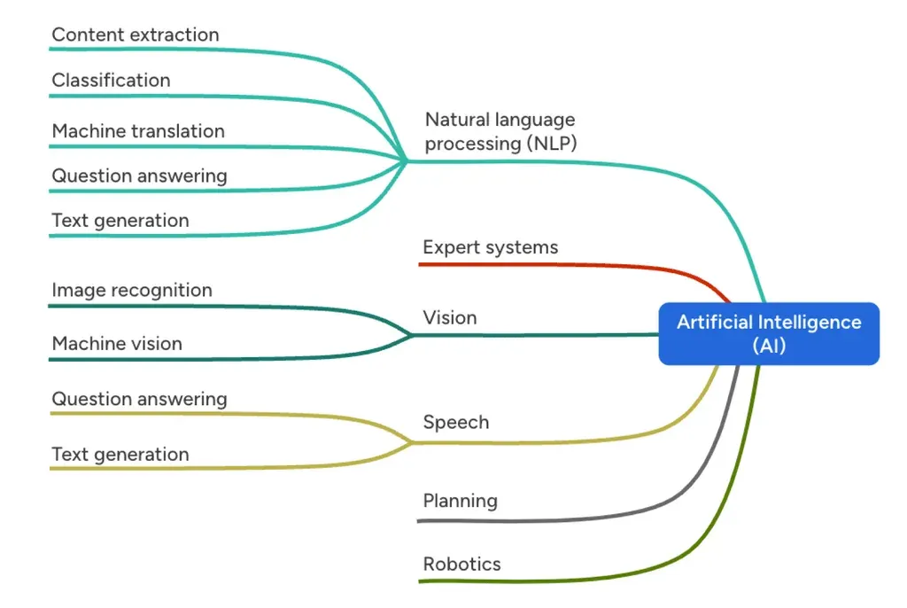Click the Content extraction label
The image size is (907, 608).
tap(135, 35)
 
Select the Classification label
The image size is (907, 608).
tap(111, 81)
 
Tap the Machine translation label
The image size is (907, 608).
tap(138, 131)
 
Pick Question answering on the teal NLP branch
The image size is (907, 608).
tap(139, 175)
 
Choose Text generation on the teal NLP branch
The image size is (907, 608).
tap(120, 221)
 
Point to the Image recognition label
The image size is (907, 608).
tap(132, 290)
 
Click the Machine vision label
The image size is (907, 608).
tap(117, 344)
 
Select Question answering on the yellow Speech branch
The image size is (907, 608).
tap(139, 399)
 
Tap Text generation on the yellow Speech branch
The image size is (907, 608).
tap(120, 455)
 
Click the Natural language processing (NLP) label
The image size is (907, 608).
tap(500, 131)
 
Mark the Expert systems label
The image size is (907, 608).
tap(491, 247)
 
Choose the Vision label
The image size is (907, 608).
tap(450, 317)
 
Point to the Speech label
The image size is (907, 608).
tap(456, 422)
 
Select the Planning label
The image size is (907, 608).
tap(461, 501)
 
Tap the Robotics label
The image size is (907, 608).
tap(462, 564)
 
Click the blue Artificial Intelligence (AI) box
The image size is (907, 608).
tap(769, 333)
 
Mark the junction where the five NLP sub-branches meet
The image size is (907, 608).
tap(406, 160)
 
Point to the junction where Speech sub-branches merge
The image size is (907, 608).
tap(412, 442)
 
